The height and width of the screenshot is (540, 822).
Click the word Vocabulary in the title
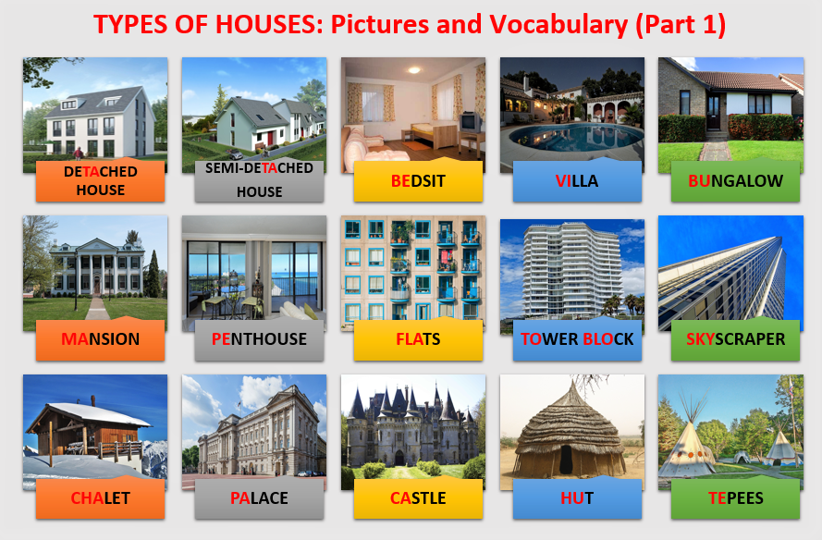pyautogui.click(x=558, y=25)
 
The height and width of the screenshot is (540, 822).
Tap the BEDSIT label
pyautogui.click(x=418, y=181)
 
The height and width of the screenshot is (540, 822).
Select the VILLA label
pyautogui.click(x=577, y=181)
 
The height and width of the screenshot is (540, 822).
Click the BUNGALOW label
pyautogui.click(x=735, y=181)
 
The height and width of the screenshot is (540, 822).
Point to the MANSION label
pyautogui.click(x=100, y=339)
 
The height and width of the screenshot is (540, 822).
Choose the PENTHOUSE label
pyautogui.click(x=259, y=339)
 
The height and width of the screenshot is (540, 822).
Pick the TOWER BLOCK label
pyautogui.click(x=577, y=339)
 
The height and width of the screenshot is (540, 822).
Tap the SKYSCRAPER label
pyautogui.click(x=735, y=339)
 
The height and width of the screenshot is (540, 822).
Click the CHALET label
pyautogui.click(x=100, y=498)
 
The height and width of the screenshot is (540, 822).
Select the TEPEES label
pyautogui.click(x=735, y=498)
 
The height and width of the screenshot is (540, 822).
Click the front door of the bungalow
pyautogui.click(x=714, y=112)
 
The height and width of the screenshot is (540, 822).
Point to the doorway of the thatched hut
pyautogui.click(x=566, y=460)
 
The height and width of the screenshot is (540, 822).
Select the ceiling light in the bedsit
pyautogui.click(x=414, y=69)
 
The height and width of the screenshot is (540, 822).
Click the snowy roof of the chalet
pyautogui.click(x=100, y=414)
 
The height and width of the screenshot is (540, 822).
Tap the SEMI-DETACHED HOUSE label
pyautogui.click(x=259, y=179)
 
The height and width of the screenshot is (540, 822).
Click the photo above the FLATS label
pyautogui.click(x=413, y=273)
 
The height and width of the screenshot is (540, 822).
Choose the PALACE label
pyautogui.click(x=259, y=498)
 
